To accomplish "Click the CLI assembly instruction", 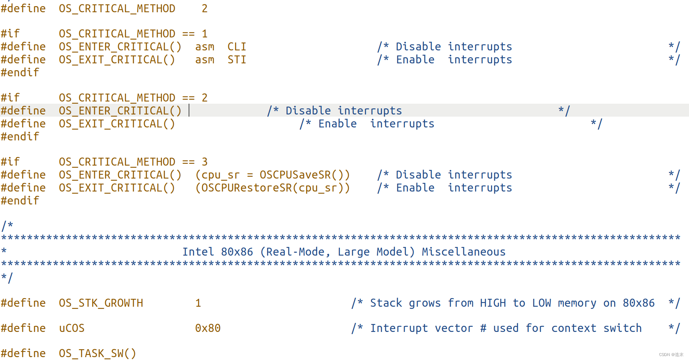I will coord(237,47).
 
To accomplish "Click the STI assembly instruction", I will coord(237,60).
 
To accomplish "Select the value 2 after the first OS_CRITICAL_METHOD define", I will coord(204,9).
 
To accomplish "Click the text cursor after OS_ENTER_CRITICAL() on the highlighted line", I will coord(189,111).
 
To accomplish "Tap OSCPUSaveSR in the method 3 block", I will coord(295,175).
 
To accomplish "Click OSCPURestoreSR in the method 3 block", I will coord(246,188).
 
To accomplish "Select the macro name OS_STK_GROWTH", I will coord(101,303).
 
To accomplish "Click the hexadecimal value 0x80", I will coord(208,328).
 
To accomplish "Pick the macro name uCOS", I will coord(72,328).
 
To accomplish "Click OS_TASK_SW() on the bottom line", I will coord(97,354).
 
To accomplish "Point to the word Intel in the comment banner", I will coord(198,252).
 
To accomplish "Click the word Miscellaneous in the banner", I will coord(463,252).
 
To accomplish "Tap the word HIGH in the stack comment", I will coord(493,303).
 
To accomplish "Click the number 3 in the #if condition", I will coord(204,162).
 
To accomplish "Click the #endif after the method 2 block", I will coord(20,137).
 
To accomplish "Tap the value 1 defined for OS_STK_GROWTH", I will coord(198,303).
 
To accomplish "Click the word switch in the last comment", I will coord(622,328).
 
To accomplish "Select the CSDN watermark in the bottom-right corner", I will coord(671,355).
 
